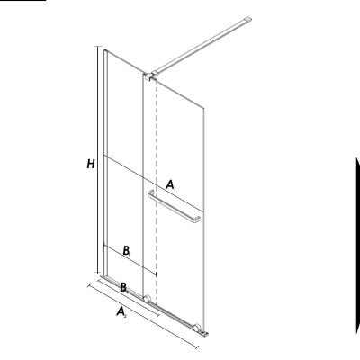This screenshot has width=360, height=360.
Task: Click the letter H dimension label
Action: tap(90, 165)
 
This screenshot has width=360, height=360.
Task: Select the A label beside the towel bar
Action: tap(169, 184)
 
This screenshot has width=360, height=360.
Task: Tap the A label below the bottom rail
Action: tap(121, 312)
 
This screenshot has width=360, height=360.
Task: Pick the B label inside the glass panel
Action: tap(127, 248)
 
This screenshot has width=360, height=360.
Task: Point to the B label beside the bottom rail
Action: tap(124, 286)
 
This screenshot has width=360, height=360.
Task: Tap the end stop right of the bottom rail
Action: tap(208, 335)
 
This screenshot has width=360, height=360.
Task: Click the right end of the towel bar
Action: tap(196, 219)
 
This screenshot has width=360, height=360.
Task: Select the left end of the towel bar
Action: tap(149, 193)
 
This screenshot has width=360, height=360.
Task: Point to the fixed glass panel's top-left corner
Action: tap(105, 49)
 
